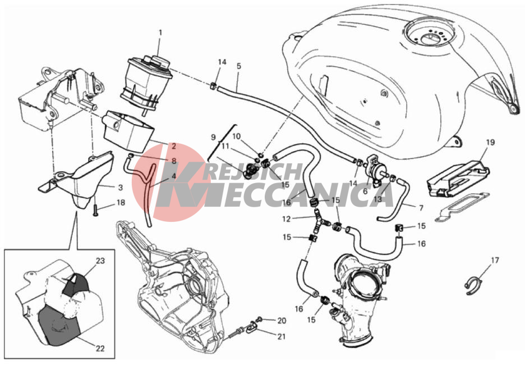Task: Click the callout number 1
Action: click(x=160, y=33)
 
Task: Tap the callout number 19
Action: click(x=490, y=143)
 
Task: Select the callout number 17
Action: click(x=495, y=260)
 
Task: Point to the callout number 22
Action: click(x=100, y=349)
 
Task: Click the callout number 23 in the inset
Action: click(x=100, y=261)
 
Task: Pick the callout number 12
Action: click(x=287, y=219)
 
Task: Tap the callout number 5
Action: click(x=239, y=66)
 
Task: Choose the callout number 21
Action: click(x=282, y=336)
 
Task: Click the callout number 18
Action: click(x=121, y=203)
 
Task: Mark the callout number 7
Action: click(x=421, y=208)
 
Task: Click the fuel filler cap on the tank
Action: click(x=430, y=34)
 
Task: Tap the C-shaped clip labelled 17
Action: click(x=473, y=284)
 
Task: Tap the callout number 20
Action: click(x=282, y=321)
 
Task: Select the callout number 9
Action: click(x=213, y=137)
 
